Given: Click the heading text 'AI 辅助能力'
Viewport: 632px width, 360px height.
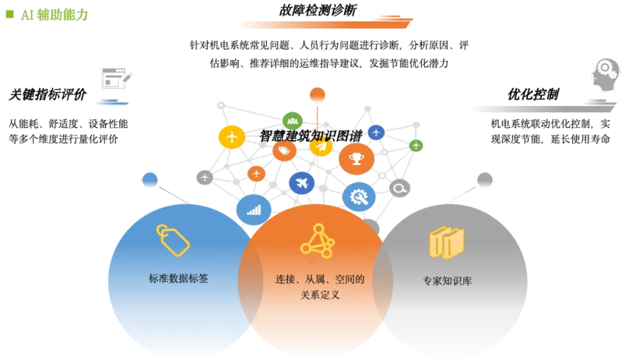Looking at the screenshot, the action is [55, 15].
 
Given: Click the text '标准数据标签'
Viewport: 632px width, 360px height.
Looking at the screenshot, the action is [179, 279].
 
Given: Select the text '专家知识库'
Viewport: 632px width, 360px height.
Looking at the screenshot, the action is [447, 281].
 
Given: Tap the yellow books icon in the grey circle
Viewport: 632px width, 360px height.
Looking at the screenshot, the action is [447, 242].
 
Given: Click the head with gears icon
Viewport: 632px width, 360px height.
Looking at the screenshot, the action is [606, 75].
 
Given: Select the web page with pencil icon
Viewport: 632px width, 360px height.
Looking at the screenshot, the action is [117, 76].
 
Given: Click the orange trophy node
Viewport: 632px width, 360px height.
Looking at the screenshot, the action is [357, 159].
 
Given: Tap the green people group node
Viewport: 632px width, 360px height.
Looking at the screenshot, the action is [291, 120].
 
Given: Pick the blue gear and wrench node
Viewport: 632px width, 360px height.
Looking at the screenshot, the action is [359, 197].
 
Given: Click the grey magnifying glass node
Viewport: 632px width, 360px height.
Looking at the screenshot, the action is [400, 188].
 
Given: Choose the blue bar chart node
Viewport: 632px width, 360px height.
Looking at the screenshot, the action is [254, 209].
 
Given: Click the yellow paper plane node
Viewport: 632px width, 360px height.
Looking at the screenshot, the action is [321, 146].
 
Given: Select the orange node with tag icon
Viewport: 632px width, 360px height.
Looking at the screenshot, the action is [284, 151].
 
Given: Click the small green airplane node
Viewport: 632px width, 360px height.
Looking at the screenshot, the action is [416, 146].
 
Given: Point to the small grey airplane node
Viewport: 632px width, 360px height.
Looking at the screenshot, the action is [204, 178].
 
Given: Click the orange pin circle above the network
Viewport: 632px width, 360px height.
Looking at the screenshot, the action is [317, 95].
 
